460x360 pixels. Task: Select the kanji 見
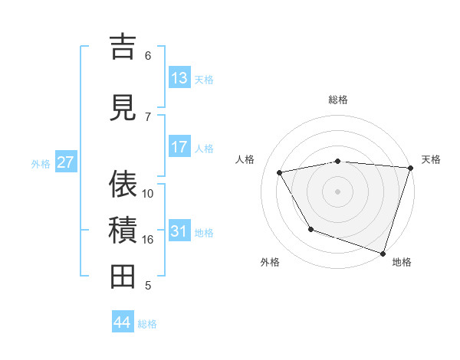(123, 106)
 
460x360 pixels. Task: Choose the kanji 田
(123, 276)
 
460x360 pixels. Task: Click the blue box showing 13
(179, 77)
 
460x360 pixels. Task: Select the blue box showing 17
(179, 146)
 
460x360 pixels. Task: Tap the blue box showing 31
(179, 231)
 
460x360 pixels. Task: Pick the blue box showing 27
(66, 162)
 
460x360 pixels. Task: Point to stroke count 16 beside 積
(148, 239)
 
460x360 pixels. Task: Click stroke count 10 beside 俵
(148, 193)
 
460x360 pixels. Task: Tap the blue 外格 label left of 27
(41, 163)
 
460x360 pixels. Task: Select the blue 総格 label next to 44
(147, 324)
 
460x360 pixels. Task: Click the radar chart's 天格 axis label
(431, 159)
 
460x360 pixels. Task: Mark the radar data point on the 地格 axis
(383, 253)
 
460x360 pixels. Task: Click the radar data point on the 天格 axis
(410, 168)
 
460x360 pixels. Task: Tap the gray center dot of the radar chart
(337, 191)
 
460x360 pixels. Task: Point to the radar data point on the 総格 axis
(337, 161)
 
